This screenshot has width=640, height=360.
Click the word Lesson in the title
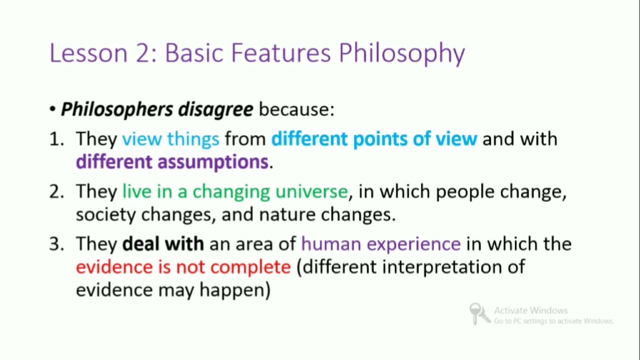88,53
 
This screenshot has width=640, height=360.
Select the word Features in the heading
281,53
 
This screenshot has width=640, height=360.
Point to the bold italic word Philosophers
117,109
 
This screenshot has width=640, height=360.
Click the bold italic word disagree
215,109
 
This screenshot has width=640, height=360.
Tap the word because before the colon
294,109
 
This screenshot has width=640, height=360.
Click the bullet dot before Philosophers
52,109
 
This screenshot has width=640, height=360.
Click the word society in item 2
105,215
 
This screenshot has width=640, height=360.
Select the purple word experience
413,244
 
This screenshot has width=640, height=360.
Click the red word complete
250,267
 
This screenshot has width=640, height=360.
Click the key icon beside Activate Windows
479,313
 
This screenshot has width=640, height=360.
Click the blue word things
193,139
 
